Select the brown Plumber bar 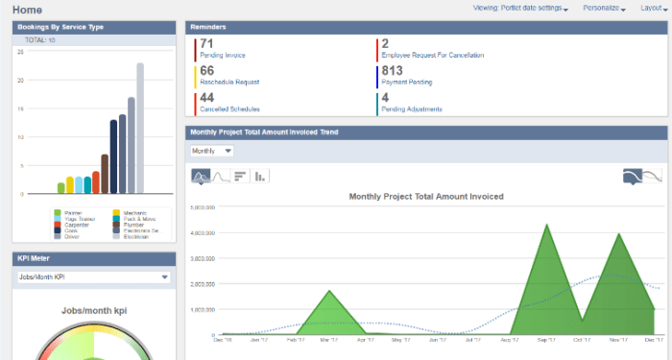[x=105, y=174]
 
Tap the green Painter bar [x=60, y=188]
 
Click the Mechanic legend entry [x=131, y=212]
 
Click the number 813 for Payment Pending [x=392, y=71]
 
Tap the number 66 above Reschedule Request [x=207, y=71]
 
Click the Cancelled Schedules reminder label [x=228, y=109]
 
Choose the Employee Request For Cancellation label [x=432, y=56]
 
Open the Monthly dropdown [x=212, y=151]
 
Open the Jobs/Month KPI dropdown [x=93, y=277]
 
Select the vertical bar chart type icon [x=260, y=176]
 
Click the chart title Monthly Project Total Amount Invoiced [x=426, y=196]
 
